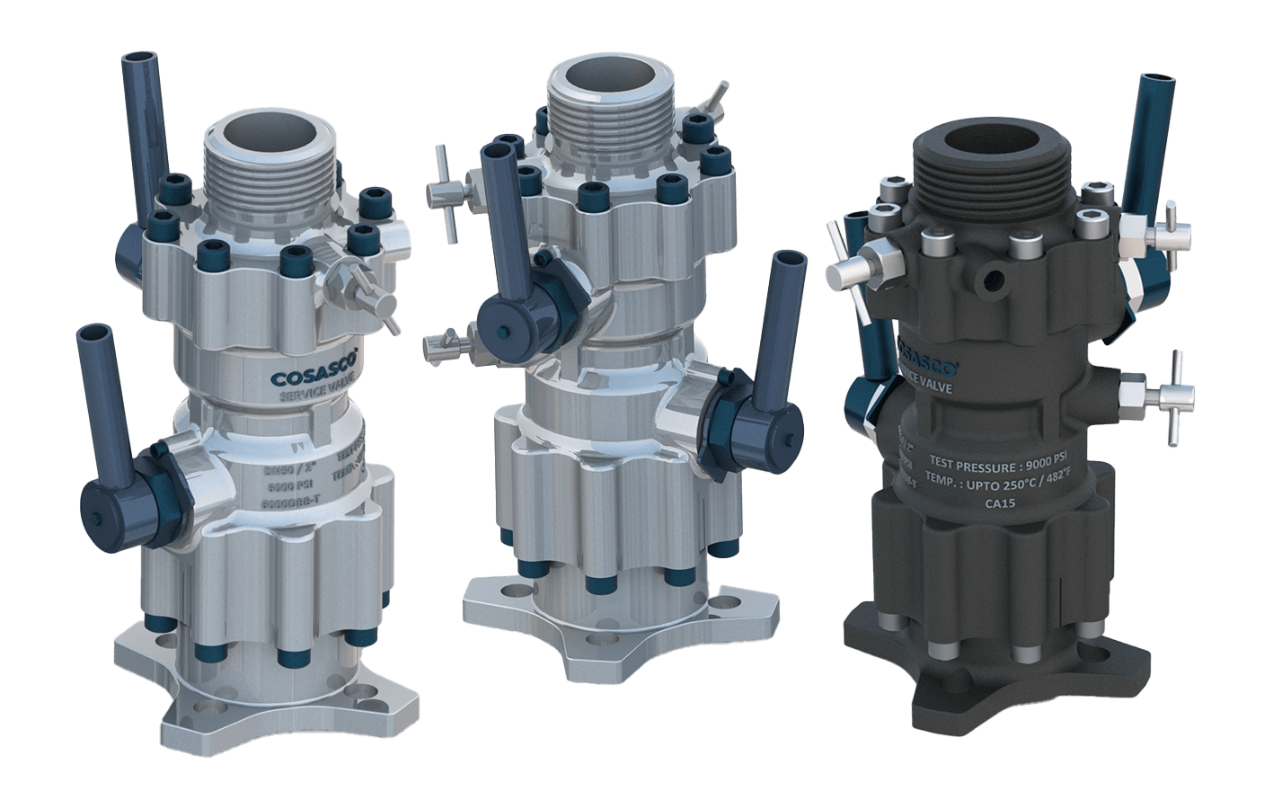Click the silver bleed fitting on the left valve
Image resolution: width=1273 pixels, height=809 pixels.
(364, 286)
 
